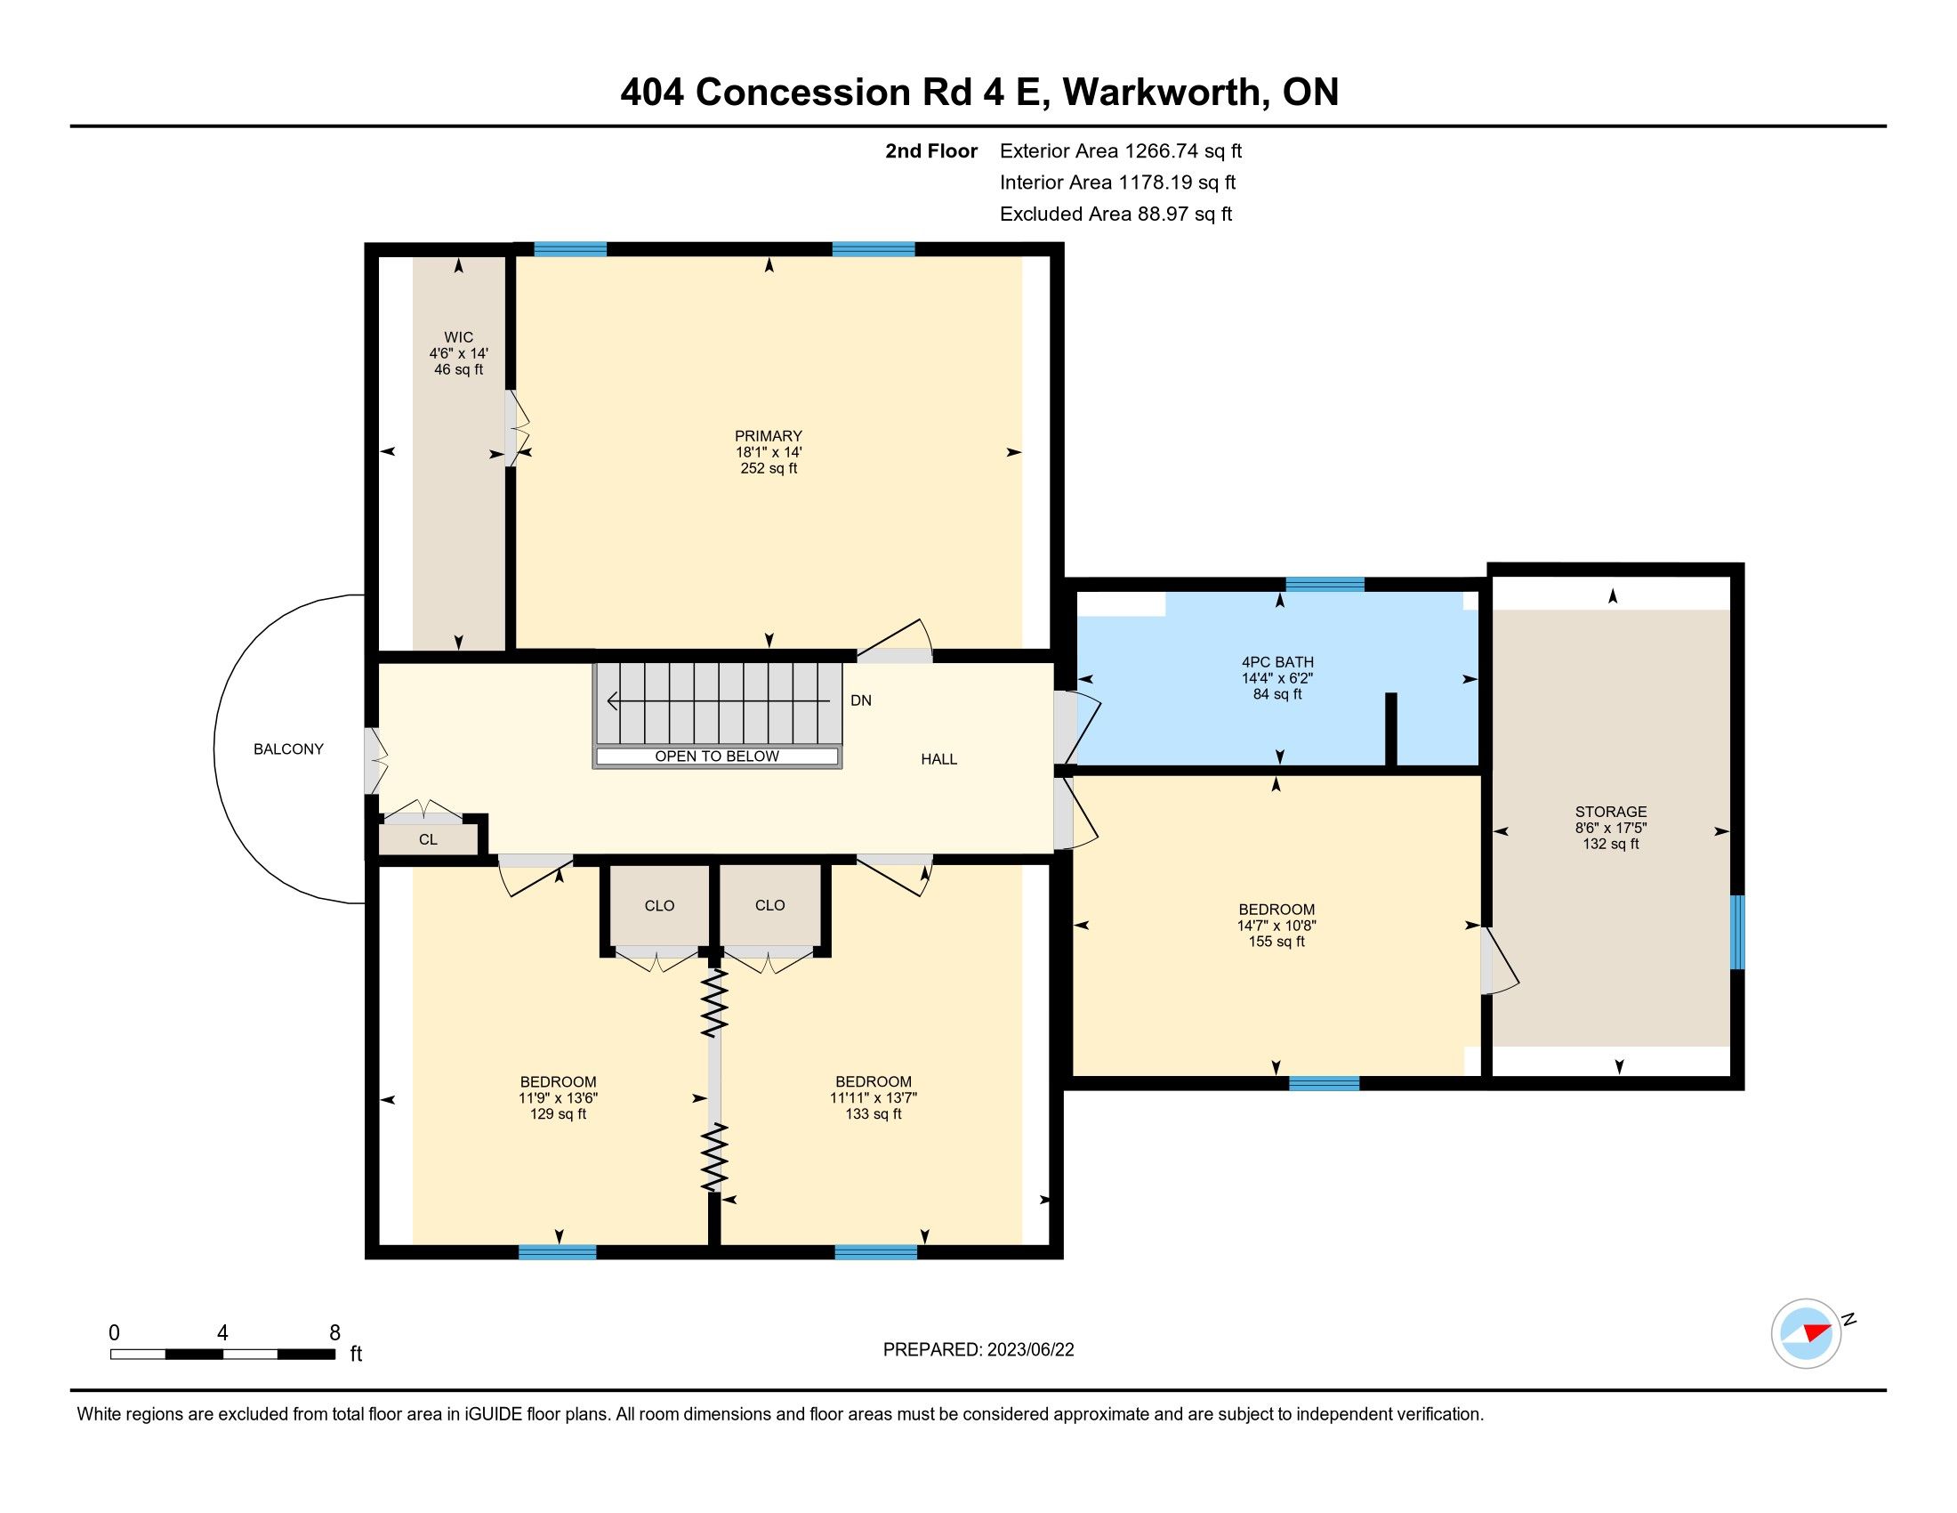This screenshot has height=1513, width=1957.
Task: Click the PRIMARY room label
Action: point(768,436)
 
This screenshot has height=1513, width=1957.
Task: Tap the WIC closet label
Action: point(458,338)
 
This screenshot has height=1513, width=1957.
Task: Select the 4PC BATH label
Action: point(1276,662)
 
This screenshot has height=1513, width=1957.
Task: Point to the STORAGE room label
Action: point(1611,812)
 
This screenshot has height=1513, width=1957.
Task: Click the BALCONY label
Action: point(288,749)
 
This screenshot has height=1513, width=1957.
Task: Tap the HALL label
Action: point(939,759)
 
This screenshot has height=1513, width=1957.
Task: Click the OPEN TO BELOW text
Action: point(717,756)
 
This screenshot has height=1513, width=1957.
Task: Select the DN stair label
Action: point(860,701)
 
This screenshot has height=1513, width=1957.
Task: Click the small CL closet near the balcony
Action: point(429,840)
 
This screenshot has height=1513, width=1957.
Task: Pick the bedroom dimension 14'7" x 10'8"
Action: point(1276,926)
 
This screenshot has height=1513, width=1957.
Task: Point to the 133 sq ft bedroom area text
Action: point(873,1114)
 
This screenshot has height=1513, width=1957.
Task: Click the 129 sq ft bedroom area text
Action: point(558,1114)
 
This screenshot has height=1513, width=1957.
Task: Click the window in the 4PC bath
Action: point(1325,585)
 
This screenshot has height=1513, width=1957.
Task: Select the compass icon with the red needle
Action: point(1806,1333)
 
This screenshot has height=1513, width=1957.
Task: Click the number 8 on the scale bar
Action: point(335,1333)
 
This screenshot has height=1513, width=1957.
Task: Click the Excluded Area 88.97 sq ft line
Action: point(1115,214)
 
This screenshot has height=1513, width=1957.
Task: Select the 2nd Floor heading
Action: point(931,151)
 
